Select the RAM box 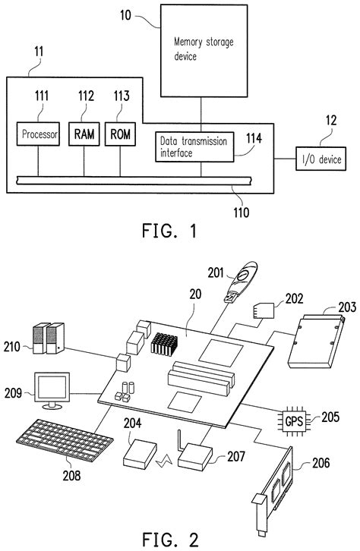tap(84, 135)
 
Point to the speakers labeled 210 tap(46, 338)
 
